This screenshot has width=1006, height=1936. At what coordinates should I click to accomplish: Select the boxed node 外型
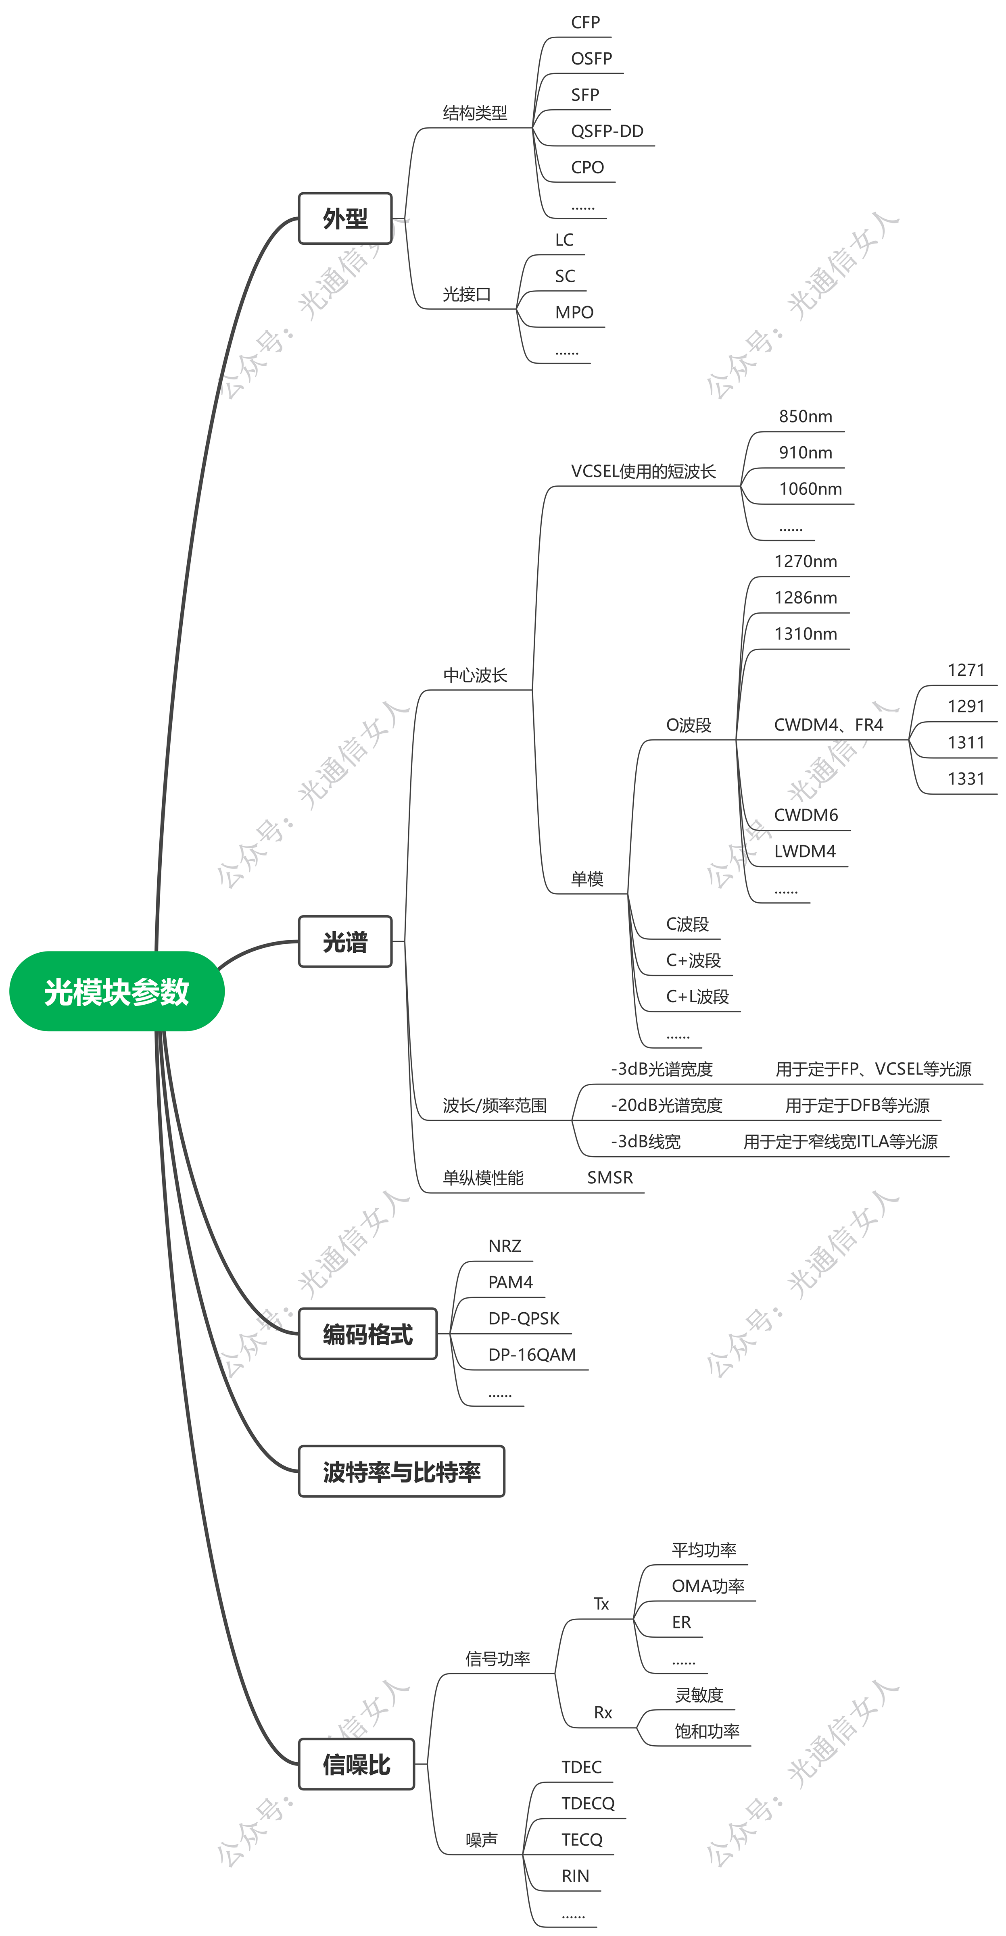(x=345, y=219)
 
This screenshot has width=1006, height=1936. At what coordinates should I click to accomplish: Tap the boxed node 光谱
(x=345, y=942)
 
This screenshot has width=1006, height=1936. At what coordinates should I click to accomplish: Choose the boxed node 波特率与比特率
(x=401, y=1472)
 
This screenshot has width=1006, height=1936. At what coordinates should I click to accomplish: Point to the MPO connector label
(x=574, y=312)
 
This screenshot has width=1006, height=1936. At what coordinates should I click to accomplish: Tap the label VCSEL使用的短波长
(x=643, y=471)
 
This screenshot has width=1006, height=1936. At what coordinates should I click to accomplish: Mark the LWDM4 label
(x=804, y=851)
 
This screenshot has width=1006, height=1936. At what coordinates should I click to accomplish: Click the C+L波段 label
(x=697, y=997)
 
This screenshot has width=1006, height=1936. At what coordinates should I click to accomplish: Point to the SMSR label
(x=610, y=1178)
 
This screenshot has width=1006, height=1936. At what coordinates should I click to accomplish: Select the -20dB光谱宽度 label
(x=666, y=1105)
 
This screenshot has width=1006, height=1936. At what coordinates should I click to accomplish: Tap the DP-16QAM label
(x=532, y=1355)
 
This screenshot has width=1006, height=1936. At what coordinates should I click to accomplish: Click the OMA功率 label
(x=708, y=1586)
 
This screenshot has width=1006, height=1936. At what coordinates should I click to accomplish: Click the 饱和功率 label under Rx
(x=707, y=1732)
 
